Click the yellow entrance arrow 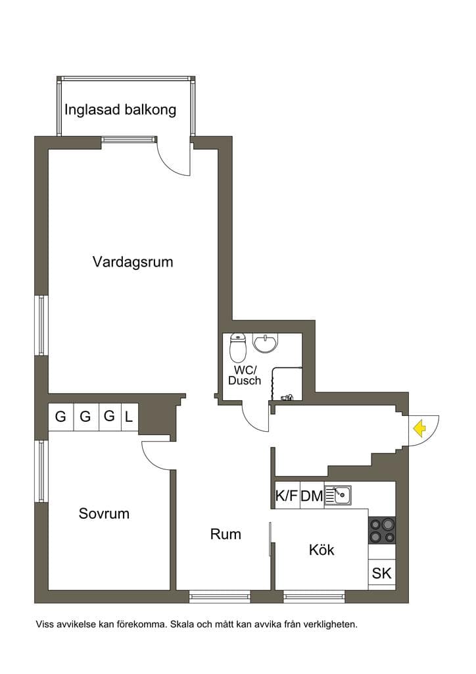point(419,428)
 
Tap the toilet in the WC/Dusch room point(238,348)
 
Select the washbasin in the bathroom point(265,343)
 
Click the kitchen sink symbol point(338,495)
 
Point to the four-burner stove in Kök point(382,530)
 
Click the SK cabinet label point(381,573)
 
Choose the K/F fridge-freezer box point(287,495)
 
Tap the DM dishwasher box point(312,495)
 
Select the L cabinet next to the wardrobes point(130,417)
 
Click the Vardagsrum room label point(133,262)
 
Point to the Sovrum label point(104,513)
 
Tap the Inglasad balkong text point(120,110)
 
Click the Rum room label point(226,534)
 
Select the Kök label point(321,550)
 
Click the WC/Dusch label point(245,375)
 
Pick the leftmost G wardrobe point(61,417)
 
